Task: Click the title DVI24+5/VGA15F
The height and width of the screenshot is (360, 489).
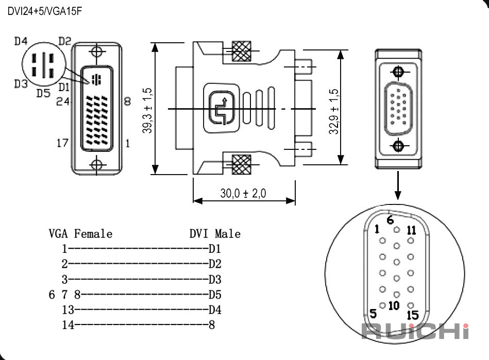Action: coord(45,11)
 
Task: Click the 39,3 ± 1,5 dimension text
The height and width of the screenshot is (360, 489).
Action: coord(147,110)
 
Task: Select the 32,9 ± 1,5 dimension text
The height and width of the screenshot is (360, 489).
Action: coord(333,111)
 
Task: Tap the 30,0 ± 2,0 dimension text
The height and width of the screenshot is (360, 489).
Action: coord(243,193)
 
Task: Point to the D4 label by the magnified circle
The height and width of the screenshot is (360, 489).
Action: coord(21,41)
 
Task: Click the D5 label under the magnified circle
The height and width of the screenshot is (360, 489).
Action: coord(43,93)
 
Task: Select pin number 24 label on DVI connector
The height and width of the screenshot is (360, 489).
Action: coord(63,101)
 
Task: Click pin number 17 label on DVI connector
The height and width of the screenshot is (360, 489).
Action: coord(62,143)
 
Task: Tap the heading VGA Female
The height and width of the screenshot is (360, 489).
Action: coord(80,234)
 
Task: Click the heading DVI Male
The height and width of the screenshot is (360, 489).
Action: coord(215,234)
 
